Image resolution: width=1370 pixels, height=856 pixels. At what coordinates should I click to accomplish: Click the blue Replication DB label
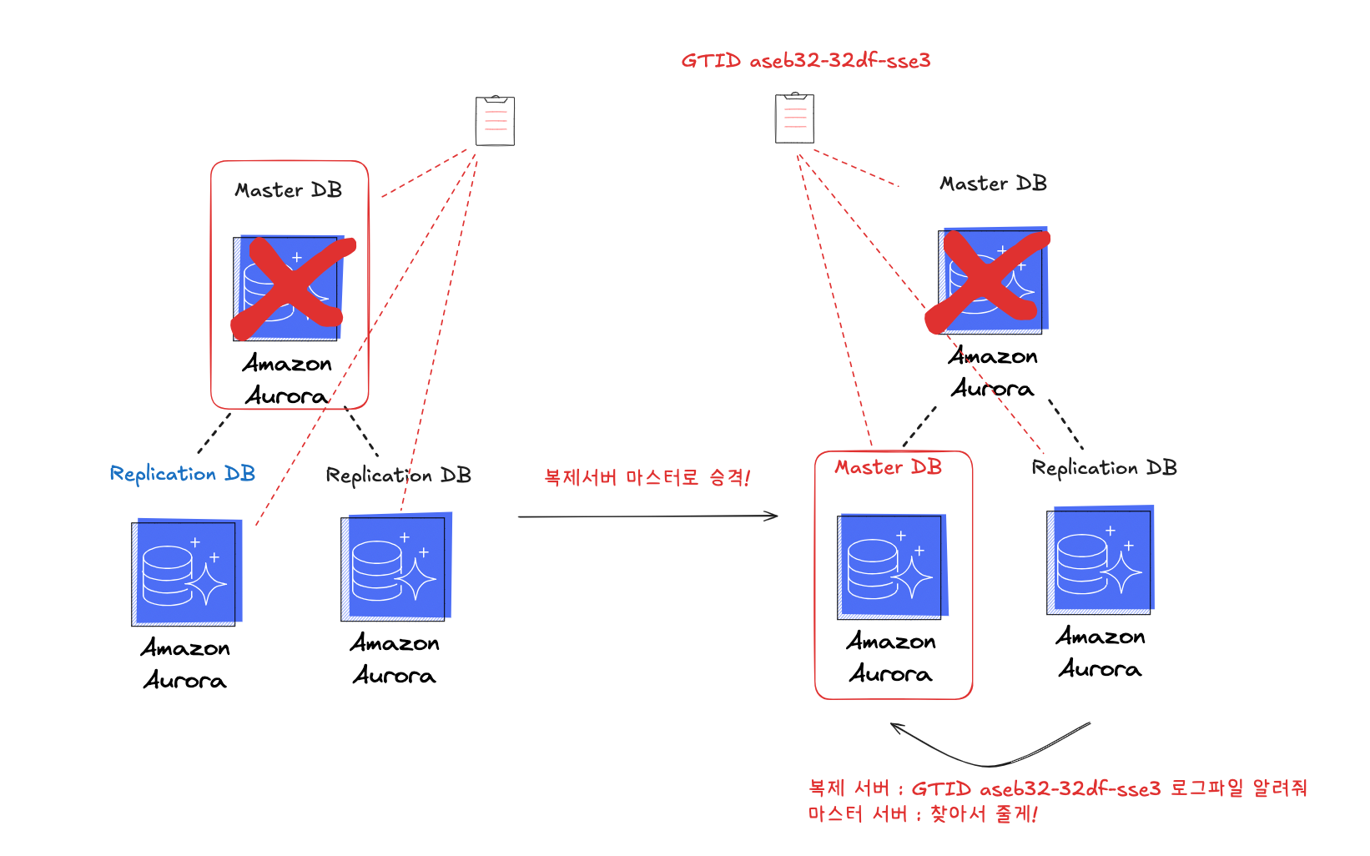click(x=182, y=474)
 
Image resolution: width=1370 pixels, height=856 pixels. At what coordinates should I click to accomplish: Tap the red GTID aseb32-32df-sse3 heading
click(x=805, y=61)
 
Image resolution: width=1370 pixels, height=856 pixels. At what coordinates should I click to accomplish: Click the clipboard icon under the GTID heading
click(x=794, y=118)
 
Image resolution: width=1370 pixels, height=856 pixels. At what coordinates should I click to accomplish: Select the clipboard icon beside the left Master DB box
click(x=495, y=121)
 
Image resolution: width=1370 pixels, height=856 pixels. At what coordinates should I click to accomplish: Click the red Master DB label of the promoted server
click(x=888, y=467)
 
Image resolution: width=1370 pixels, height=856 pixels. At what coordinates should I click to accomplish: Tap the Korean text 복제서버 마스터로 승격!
click(x=647, y=478)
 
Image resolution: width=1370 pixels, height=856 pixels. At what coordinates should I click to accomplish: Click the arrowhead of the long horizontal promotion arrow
click(x=773, y=516)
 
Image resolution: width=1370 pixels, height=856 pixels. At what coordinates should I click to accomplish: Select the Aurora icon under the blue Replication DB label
click(x=185, y=573)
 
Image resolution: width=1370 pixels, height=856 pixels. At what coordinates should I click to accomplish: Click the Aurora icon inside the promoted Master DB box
click(x=892, y=567)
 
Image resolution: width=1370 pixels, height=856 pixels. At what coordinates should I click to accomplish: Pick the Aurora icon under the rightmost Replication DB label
click(x=1100, y=561)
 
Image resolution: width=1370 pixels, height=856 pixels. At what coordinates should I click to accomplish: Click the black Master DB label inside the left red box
click(x=288, y=190)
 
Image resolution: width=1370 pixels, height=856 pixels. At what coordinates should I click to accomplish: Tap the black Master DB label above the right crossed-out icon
click(x=993, y=184)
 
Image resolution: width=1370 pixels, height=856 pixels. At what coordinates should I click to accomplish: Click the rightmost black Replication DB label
click(x=1104, y=468)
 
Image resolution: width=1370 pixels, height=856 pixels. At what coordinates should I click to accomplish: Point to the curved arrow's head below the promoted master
click(x=895, y=727)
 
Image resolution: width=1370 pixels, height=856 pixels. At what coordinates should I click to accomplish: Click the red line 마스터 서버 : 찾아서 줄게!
click(x=922, y=814)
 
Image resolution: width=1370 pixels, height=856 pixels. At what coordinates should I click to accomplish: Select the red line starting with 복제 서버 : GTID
click(x=1057, y=788)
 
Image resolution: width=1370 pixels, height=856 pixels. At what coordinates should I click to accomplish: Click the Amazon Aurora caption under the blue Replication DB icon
click(x=185, y=664)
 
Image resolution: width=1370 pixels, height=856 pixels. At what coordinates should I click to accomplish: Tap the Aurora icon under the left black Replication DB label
click(x=395, y=568)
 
